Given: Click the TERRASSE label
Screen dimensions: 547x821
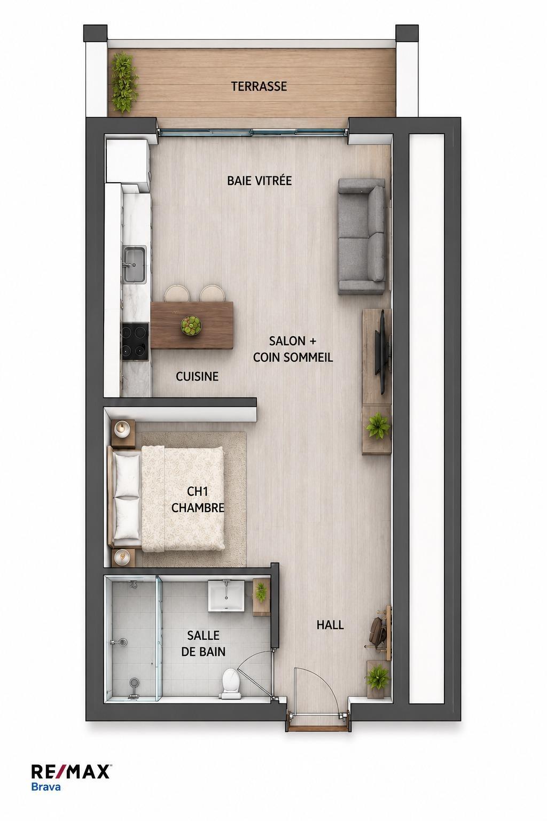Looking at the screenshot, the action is [x=259, y=87].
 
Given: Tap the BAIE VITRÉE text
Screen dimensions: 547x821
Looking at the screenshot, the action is [x=260, y=181].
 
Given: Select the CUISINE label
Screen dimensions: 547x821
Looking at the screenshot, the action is [x=197, y=376].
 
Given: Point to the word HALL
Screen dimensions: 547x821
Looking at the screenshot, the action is [x=330, y=625].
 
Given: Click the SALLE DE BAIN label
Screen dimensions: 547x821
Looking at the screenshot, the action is [x=204, y=643].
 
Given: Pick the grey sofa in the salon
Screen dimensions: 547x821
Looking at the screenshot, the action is [x=362, y=236].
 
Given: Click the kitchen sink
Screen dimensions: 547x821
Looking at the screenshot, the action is [x=134, y=265].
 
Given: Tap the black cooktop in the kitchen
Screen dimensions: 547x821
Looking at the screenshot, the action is [x=135, y=342].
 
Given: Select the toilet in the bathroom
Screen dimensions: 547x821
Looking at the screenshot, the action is [x=230, y=683].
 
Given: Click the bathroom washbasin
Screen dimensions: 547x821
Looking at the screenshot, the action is [x=226, y=595].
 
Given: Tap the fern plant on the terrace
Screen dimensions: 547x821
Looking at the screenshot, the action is [x=124, y=83].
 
